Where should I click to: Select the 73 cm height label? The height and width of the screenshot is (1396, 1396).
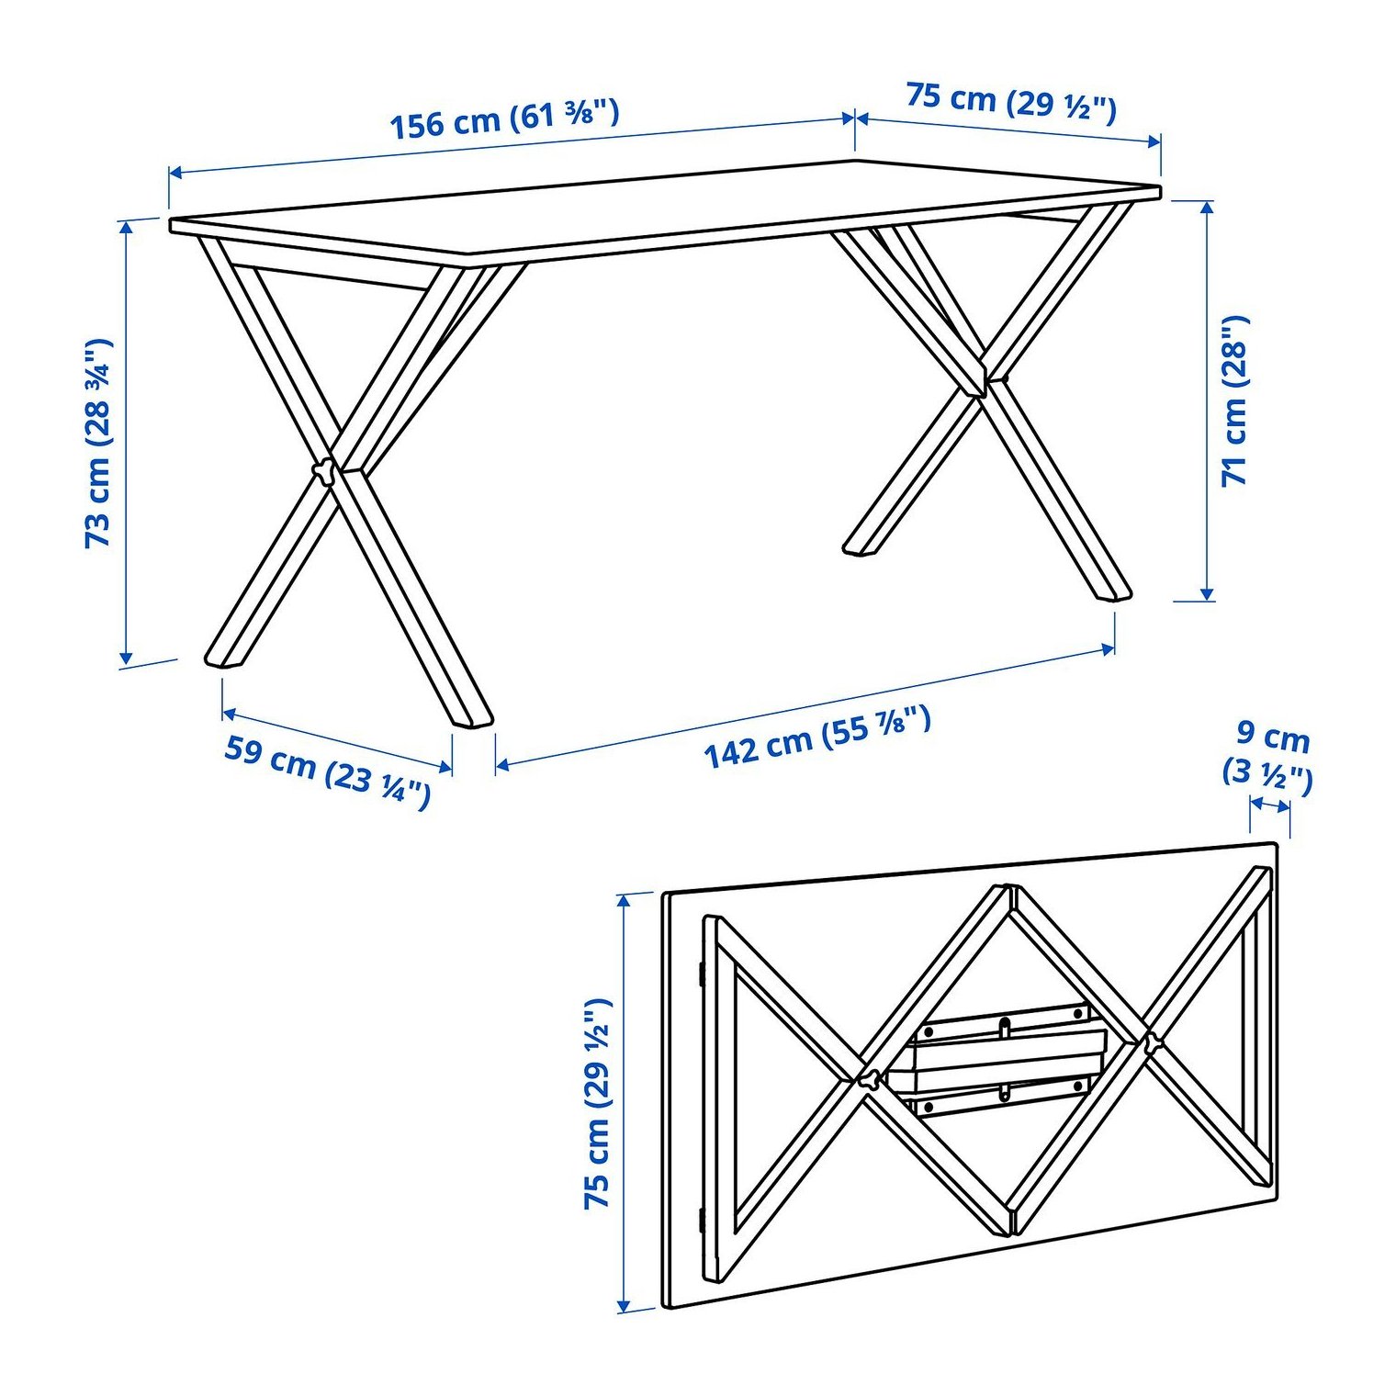point(97,444)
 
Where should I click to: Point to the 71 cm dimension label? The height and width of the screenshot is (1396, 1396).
point(1234,400)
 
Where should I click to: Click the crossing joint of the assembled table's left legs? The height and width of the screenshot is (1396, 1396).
point(326,471)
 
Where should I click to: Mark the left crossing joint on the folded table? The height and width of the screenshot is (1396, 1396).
point(866,1080)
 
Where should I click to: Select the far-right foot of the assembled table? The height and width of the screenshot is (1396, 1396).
point(1109,592)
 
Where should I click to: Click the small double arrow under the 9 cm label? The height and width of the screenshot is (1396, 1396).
point(1270,805)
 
